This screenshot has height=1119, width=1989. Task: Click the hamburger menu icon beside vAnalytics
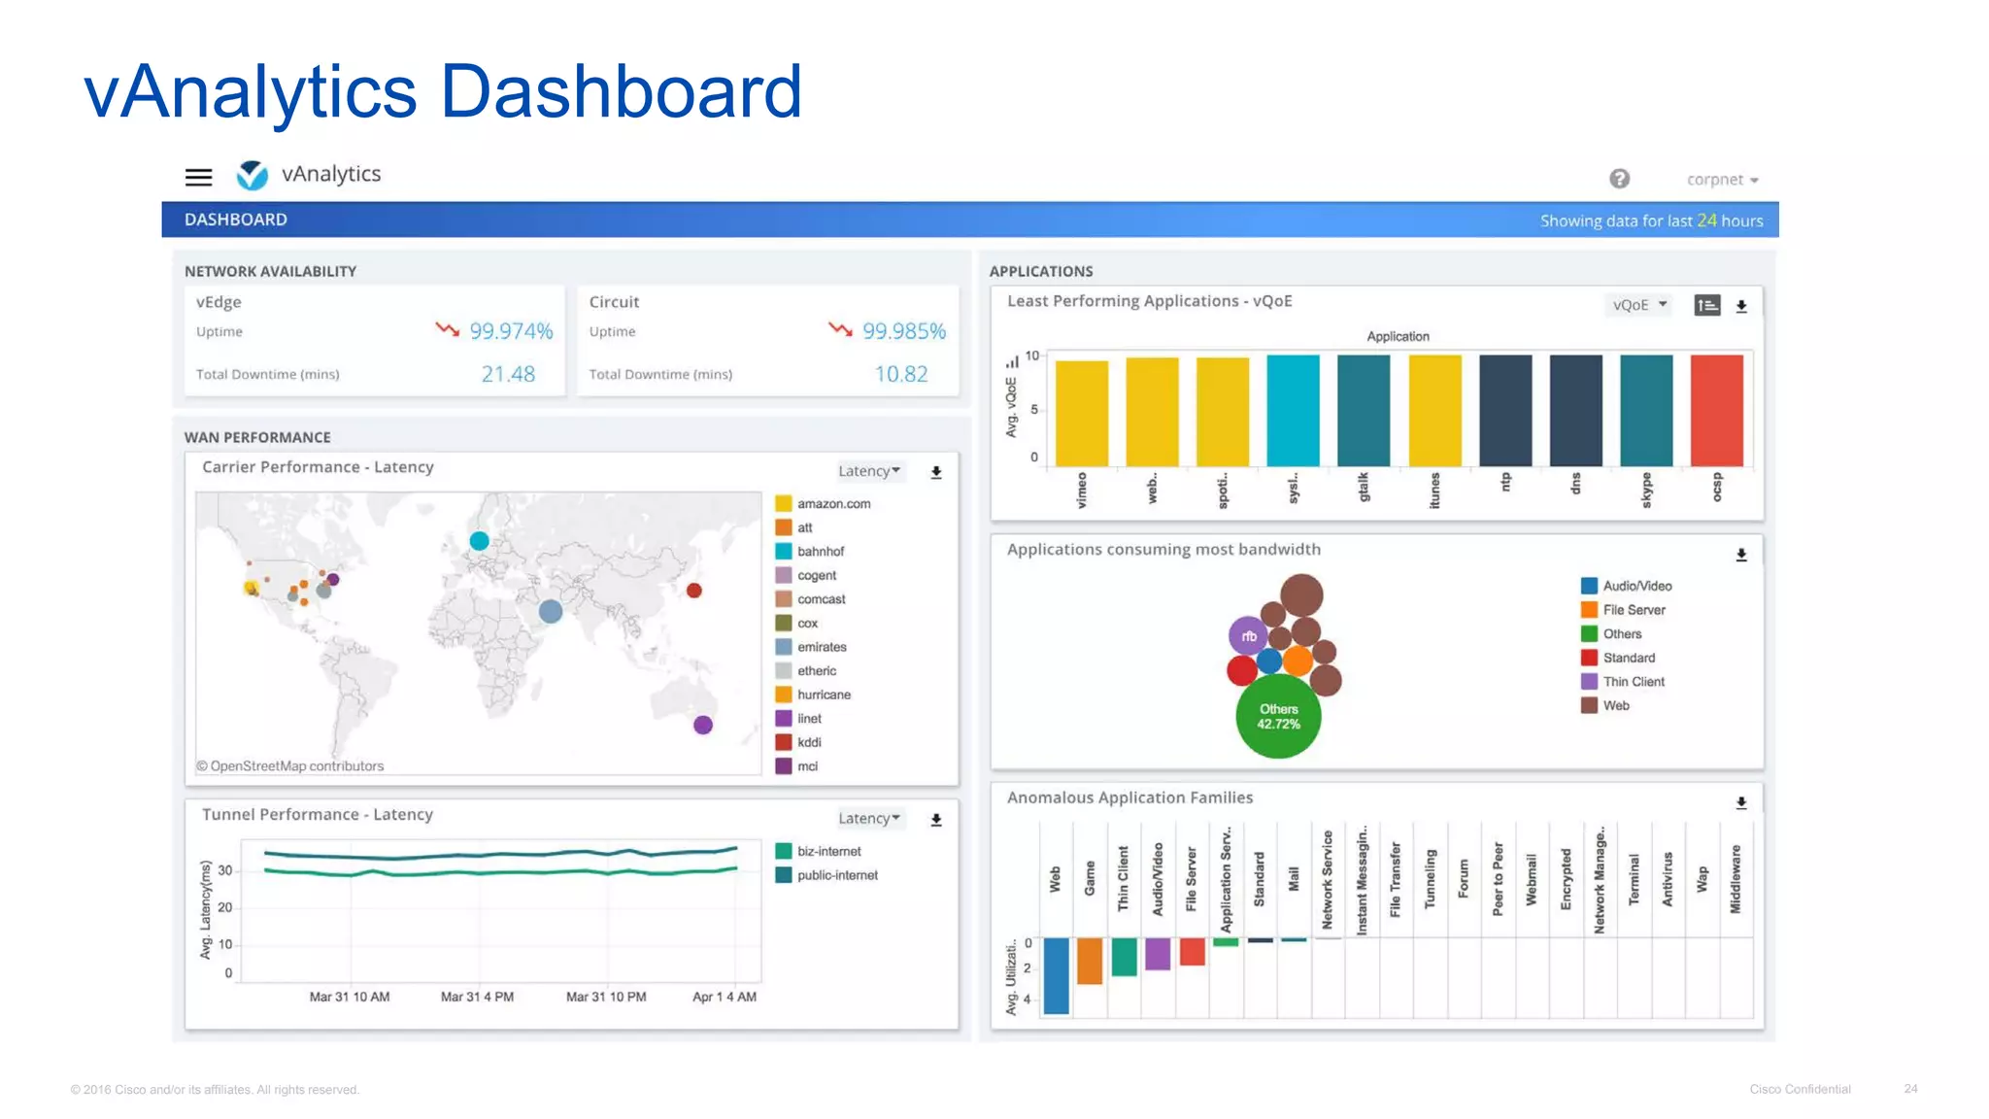(x=198, y=177)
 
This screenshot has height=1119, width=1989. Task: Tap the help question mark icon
(x=1619, y=179)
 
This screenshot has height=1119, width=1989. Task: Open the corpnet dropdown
(x=1722, y=180)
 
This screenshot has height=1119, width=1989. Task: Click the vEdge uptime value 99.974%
(x=511, y=331)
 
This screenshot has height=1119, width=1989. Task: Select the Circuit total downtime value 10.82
(x=900, y=374)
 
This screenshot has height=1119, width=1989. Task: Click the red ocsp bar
(x=1716, y=410)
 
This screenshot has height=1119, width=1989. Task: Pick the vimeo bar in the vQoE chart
(x=1081, y=413)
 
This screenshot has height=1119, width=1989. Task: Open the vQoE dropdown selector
(x=1638, y=305)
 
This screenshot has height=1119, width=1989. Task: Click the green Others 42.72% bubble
(x=1278, y=717)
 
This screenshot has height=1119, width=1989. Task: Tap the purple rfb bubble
(x=1249, y=636)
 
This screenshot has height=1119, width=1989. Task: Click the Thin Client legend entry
(x=1633, y=682)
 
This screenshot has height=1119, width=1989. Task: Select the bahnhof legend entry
(x=820, y=552)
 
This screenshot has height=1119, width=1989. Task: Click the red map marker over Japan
(x=694, y=591)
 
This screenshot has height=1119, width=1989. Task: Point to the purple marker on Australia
(x=703, y=725)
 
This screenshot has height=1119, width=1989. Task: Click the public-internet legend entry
(x=836, y=875)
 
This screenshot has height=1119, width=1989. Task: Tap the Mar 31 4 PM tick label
(x=477, y=997)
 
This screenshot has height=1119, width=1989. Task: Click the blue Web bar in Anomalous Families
(x=1056, y=975)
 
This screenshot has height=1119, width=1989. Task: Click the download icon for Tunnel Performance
(x=936, y=820)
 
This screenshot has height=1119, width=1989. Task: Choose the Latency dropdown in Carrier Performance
(x=869, y=471)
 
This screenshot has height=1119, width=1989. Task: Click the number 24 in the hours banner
(x=1706, y=220)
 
